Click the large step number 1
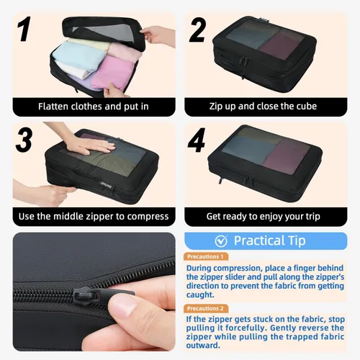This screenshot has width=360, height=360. tap(24, 29)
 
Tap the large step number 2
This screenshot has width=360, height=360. tap(197, 30)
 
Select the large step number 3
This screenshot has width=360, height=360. tap(24, 140)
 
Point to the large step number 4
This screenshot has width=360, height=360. tap(197, 140)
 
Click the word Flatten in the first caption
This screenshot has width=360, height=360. tap(53, 107)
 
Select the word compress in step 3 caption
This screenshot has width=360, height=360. tap(148, 217)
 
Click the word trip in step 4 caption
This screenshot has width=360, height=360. tap(312, 217)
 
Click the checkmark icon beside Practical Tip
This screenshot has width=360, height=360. tap(221, 241)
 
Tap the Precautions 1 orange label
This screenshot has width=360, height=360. tap(206, 256)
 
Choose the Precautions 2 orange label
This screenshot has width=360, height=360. tap(206, 308)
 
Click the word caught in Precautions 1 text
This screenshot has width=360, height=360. tap(200, 295)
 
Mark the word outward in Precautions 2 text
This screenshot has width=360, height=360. tap(203, 346)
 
